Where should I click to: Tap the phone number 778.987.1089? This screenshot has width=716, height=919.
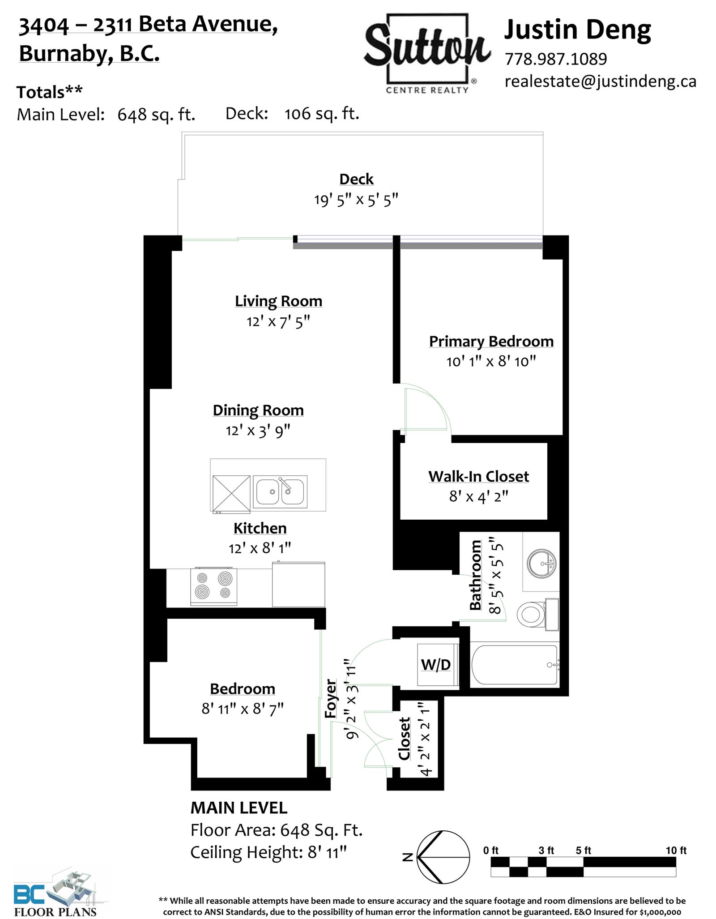pos(556,59)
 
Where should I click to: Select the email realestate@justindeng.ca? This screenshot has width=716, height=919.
pos(601,81)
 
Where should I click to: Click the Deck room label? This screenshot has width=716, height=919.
pos(356,179)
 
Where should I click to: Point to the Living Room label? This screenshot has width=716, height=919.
pos(278,301)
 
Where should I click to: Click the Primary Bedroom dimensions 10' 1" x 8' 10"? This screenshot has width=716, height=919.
pos(491,361)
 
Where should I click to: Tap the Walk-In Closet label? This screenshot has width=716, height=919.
pos(478,476)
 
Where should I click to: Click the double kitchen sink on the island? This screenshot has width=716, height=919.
pos(280,491)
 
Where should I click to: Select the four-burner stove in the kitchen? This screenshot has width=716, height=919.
pos(214,586)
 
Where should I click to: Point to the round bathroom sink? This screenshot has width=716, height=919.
pos(541,563)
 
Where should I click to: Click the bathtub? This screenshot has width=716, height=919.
pos(515,664)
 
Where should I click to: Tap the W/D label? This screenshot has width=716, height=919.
pos(436,665)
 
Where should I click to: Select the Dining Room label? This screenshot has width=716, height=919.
pos(258,410)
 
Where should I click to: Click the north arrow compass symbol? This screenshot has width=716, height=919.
pos(443,857)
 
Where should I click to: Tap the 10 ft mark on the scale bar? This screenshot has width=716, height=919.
pos(676,851)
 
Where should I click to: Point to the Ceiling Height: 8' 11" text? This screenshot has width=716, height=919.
pos(269,852)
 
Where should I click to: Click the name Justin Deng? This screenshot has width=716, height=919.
pos(578,30)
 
